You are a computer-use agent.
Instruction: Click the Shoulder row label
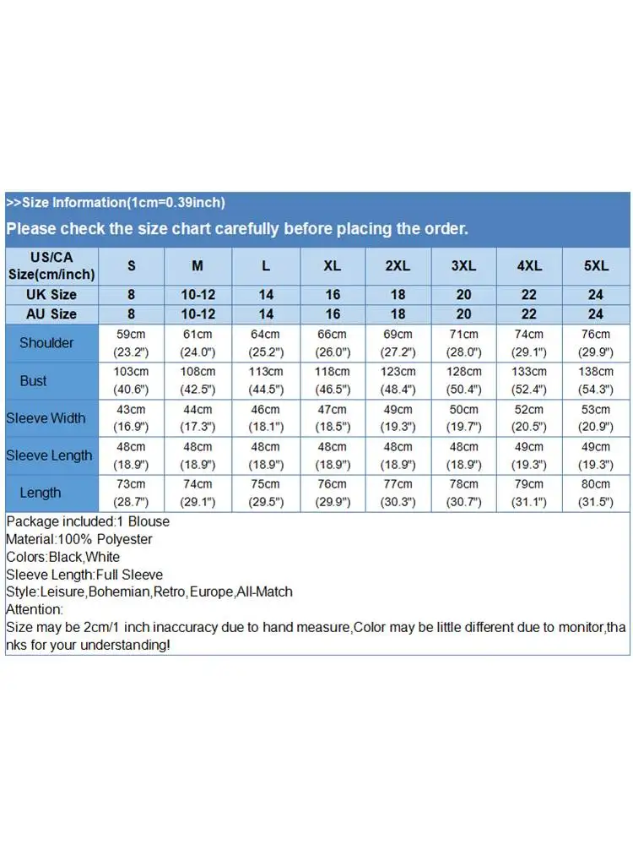[x=46, y=343]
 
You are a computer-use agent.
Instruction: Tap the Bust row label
[x=34, y=381]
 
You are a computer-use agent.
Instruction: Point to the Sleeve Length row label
[x=49, y=455]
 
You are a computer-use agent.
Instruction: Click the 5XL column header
[x=596, y=265]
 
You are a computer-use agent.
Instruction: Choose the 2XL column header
[x=398, y=265]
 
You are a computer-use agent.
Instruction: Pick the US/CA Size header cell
[x=51, y=265]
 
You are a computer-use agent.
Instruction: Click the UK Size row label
[x=51, y=295]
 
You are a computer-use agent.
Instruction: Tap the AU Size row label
[x=51, y=314]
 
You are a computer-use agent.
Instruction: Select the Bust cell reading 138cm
[x=596, y=372]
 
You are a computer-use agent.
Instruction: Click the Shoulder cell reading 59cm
[x=132, y=335]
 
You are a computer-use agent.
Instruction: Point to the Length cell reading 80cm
[x=596, y=484]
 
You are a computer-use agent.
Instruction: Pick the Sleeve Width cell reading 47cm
[x=332, y=409]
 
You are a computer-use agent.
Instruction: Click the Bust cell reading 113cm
[x=266, y=372]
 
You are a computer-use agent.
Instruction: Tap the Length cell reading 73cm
[x=132, y=484]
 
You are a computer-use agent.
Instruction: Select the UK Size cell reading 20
[x=463, y=295]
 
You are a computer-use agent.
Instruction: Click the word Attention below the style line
[x=34, y=610]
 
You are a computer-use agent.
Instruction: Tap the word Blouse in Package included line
[x=150, y=521]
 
